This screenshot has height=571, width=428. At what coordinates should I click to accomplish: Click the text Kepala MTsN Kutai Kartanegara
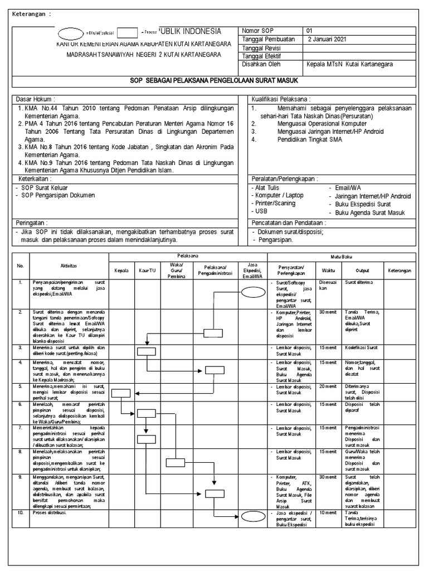tap(349, 64)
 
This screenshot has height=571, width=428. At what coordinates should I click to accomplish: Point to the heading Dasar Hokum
tap(33, 99)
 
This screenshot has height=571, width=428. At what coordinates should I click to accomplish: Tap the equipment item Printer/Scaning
tap(276, 204)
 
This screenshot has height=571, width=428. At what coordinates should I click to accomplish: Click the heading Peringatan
tap(33, 222)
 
